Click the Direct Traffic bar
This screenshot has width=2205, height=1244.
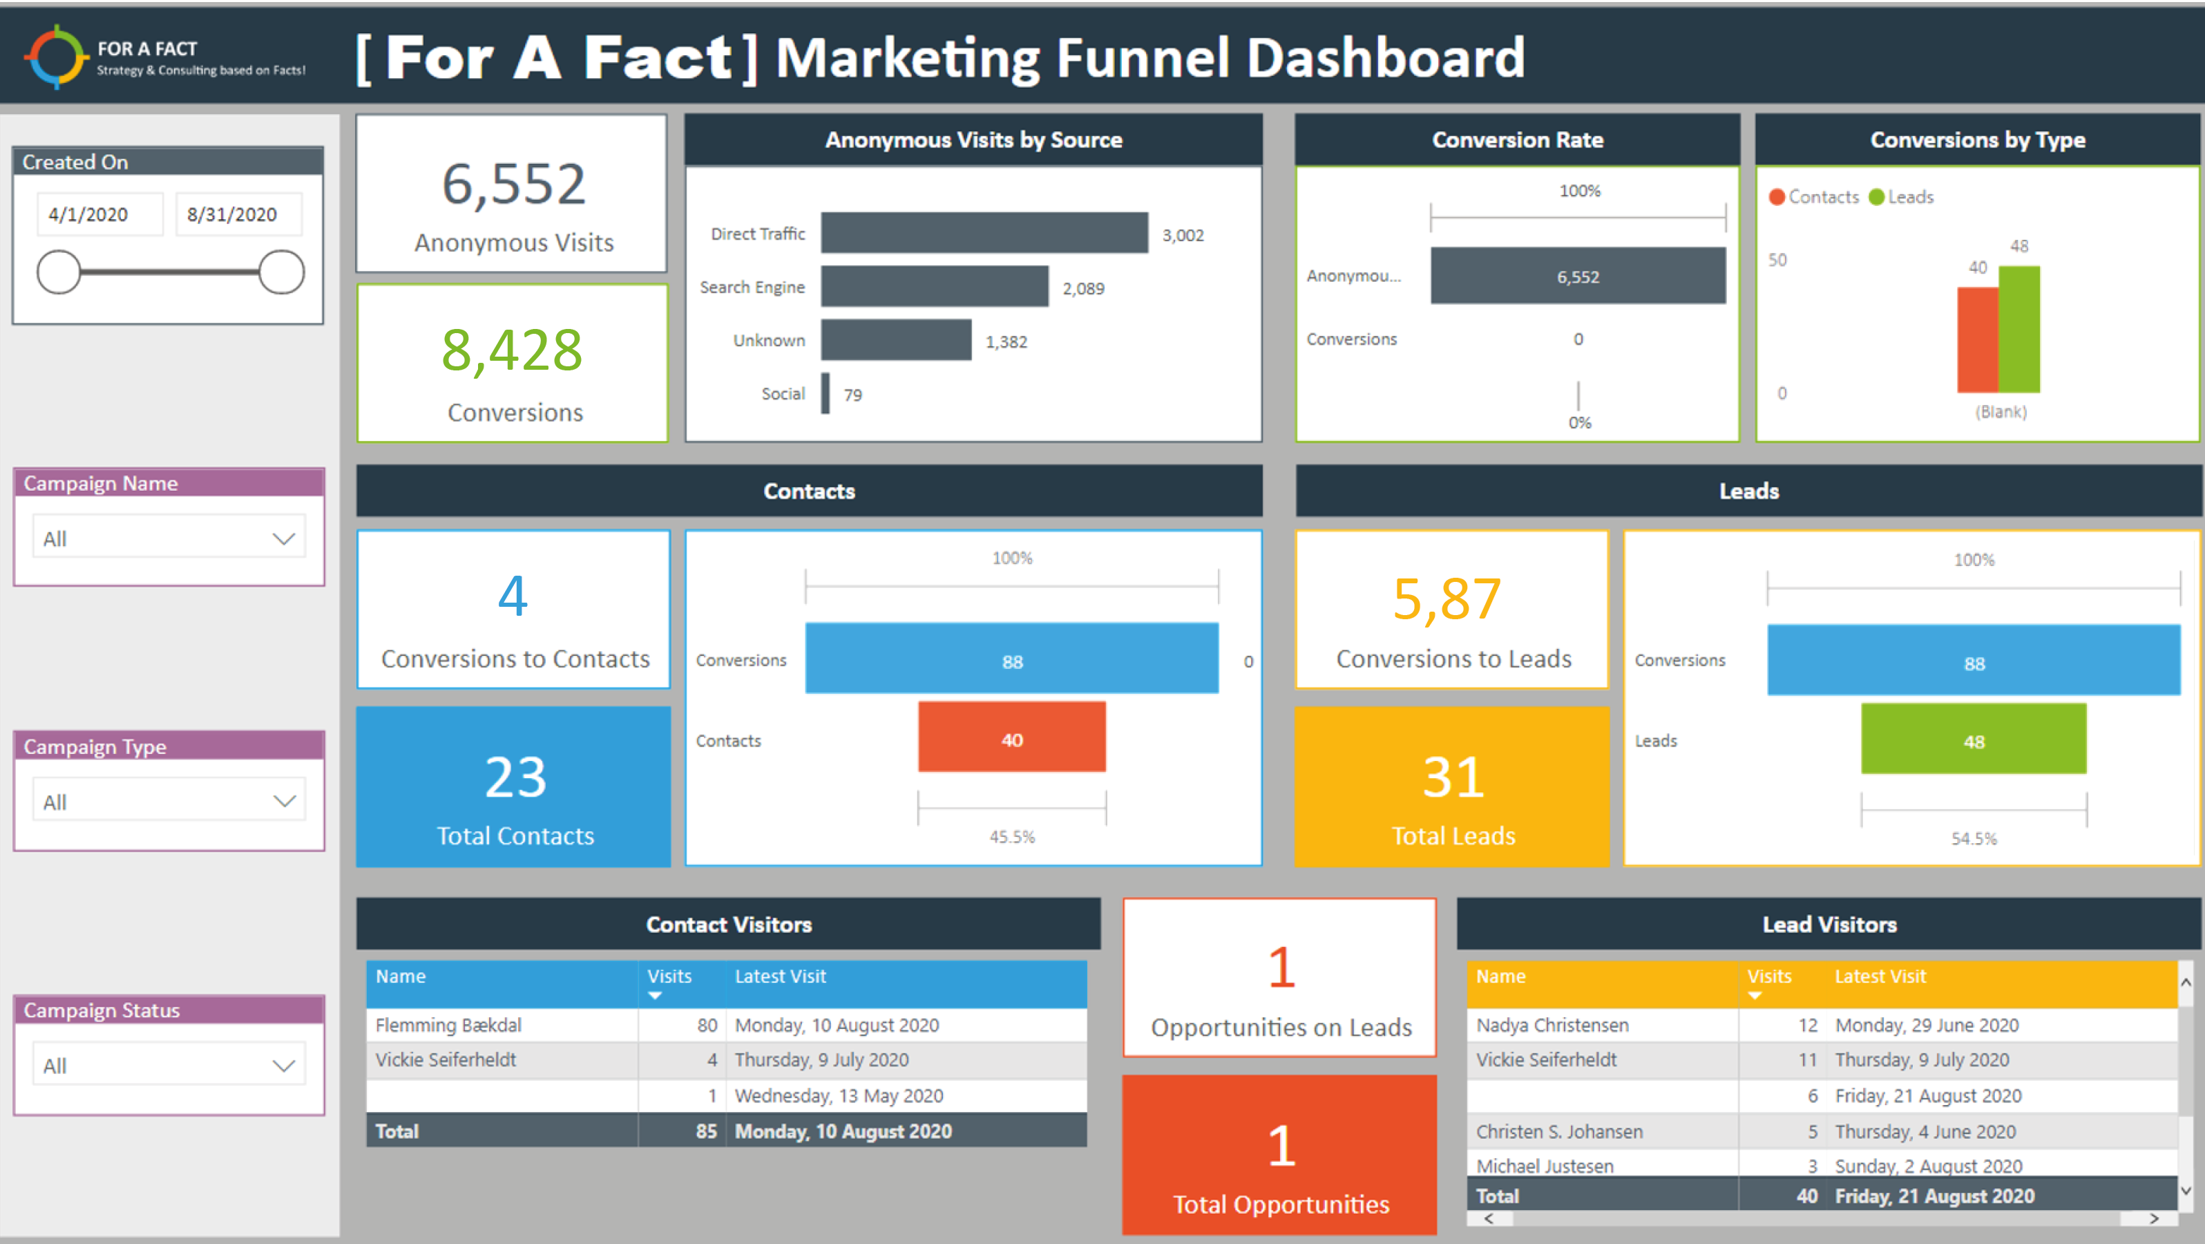click(x=984, y=233)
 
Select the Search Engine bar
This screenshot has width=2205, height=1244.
click(x=934, y=286)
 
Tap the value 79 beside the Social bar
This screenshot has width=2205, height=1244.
click(x=852, y=395)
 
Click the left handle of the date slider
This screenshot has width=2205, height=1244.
click(x=58, y=272)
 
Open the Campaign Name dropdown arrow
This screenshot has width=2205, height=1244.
click(x=283, y=538)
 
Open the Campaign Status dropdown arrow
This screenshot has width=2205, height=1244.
click(x=283, y=1066)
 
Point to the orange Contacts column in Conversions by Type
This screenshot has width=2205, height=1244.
click(x=1977, y=340)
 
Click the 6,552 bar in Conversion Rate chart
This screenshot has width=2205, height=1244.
click(x=1578, y=276)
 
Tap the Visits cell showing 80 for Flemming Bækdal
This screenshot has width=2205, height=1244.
click(x=706, y=1025)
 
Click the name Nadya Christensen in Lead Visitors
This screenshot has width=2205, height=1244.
click(x=1552, y=1025)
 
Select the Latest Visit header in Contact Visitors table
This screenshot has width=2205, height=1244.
click(x=780, y=976)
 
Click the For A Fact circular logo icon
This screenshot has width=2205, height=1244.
click(x=57, y=57)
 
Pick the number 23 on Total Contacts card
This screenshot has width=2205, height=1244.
click(x=515, y=777)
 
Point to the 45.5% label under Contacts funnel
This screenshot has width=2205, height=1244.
click(x=1012, y=836)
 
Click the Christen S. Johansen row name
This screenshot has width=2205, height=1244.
click(x=1558, y=1131)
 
